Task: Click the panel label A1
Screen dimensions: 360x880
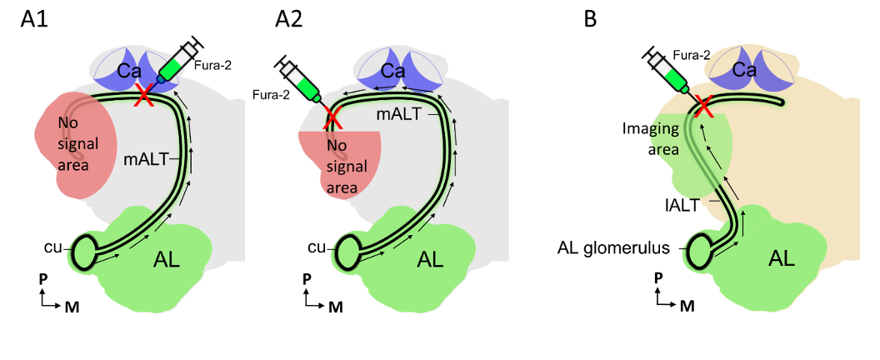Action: click(36, 20)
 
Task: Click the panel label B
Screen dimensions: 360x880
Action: click(590, 20)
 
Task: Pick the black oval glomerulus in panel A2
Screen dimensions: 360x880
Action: click(347, 247)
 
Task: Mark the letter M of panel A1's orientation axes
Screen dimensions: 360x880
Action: click(72, 307)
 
